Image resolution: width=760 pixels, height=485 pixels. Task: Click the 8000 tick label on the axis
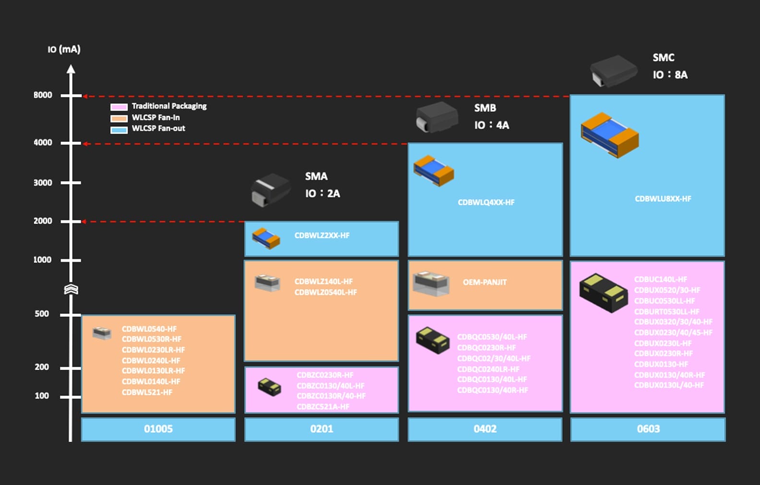tap(43, 95)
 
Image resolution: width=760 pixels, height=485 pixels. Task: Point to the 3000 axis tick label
tap(43, 183)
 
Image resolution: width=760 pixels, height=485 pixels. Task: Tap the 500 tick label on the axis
tap(42, 314)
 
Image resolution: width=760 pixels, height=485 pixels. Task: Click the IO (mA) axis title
tap(64, 49)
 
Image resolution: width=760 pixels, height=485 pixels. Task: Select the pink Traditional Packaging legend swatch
tap(119, 106)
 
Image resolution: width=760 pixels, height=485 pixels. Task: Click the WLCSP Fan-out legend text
tap(158, 129)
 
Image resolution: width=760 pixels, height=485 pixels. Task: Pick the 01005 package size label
tap(158, 429)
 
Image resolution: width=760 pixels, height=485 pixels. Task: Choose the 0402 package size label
tap(485, 429)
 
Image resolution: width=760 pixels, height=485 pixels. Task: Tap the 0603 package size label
tap(648, 429)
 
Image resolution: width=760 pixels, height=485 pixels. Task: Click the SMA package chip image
tap(270, 189)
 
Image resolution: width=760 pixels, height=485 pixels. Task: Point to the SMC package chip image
tap(613, 71)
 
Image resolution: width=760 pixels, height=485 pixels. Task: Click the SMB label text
tap(485, 108)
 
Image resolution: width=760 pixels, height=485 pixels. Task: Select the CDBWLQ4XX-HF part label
tap(486, 202)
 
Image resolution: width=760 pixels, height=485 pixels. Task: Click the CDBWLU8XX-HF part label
tap(663, 199)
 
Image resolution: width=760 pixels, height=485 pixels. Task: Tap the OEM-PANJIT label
tap(485, 282)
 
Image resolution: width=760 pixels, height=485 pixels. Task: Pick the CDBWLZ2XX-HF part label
tap(322, 236)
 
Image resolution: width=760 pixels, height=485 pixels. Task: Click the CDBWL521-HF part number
tap(147, 392)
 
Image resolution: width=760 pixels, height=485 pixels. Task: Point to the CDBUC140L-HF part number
tap(661, 279)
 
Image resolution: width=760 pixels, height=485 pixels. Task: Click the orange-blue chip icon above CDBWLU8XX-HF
tap(609, 135)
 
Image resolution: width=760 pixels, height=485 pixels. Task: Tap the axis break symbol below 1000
tap(71, 289)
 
